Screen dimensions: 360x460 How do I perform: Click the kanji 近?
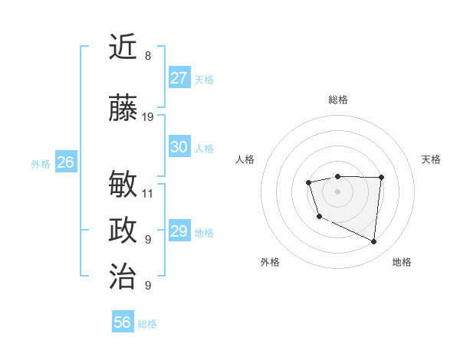(123, 47)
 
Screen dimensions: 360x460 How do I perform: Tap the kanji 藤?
(123, 108)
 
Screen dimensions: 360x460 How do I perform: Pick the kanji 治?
(123, 275)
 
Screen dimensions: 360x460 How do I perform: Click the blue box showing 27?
(179, 78)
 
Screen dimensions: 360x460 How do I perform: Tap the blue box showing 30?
(179, 147)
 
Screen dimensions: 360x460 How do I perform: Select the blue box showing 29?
(179, 231)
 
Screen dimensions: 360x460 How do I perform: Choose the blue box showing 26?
(65, 162)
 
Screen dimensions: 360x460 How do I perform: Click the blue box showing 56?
(123, 322)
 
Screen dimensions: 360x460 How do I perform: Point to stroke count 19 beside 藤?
(148, 117)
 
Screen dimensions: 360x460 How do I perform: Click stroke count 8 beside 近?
(147, 56)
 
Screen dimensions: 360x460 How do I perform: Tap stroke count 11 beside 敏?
(148, 194)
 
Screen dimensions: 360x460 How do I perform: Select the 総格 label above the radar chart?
(338, 100)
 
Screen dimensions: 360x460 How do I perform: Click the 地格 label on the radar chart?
(402, 263)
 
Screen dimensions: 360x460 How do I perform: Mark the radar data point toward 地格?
(374, 242)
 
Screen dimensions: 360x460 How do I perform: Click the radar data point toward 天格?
(381, 178)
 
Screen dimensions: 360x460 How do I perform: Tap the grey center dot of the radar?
(337, 191)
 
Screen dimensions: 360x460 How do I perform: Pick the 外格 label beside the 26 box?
(41, 163)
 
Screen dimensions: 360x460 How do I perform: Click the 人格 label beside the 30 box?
(204, 148)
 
